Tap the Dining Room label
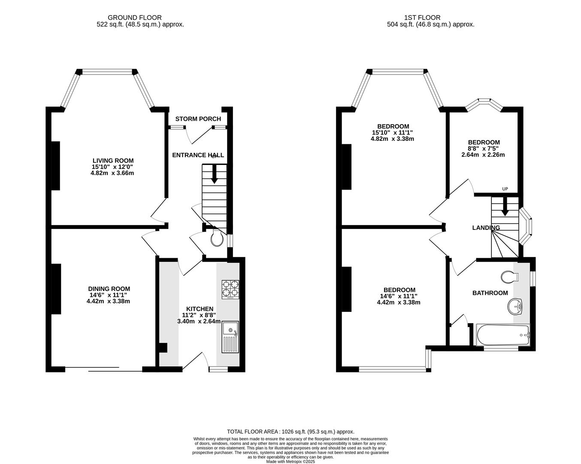click(x=109, y=289)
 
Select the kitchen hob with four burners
click(x=230, y=289)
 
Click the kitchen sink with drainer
click(x=230, y=336)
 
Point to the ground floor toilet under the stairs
click(x=217, y=238)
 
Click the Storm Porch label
click(x=198, y=119)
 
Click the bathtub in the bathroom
click(x=503, y=335)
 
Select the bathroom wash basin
click(x=515, y=307)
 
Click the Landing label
click(x=486, y=228)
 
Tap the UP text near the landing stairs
click(x=505, y=189)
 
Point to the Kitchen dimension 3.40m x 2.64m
click(x=199, y=321)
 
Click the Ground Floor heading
click(x=134, y=18)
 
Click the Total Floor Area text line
click(x=290, y=431)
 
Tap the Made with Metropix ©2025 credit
click(x=290, y=462)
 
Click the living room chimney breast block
click(x=56, y=165)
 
